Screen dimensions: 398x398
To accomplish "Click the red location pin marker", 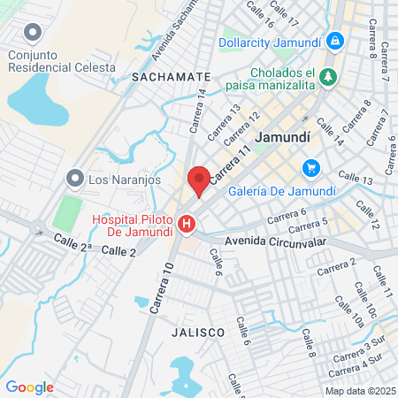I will (x=199, y=180).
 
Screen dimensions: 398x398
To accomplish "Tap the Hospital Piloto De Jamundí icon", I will (x=187, y=226).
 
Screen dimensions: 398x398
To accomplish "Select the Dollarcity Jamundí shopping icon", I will (x=335, y=41).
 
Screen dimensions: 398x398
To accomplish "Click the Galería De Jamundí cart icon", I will (x=310, y=167).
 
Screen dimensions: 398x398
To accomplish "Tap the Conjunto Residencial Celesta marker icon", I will (x=34, y=34).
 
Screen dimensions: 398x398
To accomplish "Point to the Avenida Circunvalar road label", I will (x=277, y=241).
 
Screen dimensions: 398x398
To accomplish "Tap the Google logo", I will (x=29, y=387).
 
